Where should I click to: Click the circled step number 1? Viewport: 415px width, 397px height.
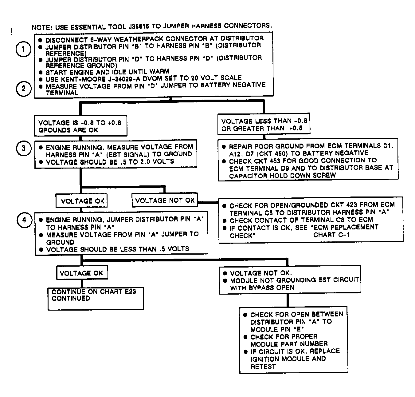(x=23, y=50)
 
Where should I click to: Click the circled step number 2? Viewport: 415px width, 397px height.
(x=23, y=89)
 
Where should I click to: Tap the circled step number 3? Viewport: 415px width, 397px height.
(x=23, y=149)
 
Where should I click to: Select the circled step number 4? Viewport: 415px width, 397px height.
(x=25, y=220)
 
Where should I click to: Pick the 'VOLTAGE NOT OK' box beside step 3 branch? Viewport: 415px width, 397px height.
(x=165, y=200)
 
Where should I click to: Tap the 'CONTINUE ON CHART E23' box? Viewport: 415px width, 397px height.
(x=95, y=298)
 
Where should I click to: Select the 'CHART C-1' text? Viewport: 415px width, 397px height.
(x=331, y=235)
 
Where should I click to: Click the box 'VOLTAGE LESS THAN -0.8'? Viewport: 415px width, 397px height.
(x=264, y=125)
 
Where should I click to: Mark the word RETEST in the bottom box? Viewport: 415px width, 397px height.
(x=263, y=367)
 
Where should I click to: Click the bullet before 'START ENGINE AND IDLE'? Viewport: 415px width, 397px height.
(x=41, y=73)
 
